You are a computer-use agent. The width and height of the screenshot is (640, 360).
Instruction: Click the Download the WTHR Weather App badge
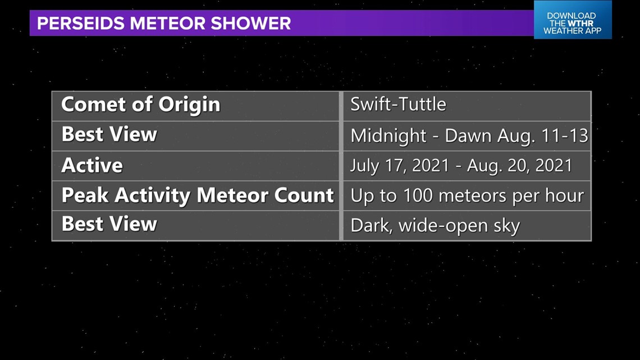tap(573, 20)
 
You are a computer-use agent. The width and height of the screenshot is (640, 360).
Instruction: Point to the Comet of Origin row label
tap(141, 104)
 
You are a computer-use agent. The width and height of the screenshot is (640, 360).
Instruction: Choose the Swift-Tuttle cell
tap(399, 104)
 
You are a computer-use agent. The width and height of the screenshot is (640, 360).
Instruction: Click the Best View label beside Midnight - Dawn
tap(109, 134)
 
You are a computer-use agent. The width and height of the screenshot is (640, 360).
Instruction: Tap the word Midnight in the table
tap(388, 136)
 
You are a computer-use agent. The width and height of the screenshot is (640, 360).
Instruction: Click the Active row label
tap(92, 165)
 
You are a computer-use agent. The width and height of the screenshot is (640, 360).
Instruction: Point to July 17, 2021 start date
tap(400, 166)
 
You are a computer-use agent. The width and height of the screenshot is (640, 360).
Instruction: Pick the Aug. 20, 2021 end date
tap(520, 166)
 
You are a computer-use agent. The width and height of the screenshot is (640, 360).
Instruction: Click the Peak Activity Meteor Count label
tap(198, 195)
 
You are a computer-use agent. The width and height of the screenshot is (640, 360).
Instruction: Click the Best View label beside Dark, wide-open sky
tap(109, 224)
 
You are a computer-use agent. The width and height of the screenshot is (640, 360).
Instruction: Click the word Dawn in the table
tap(468, 135)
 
